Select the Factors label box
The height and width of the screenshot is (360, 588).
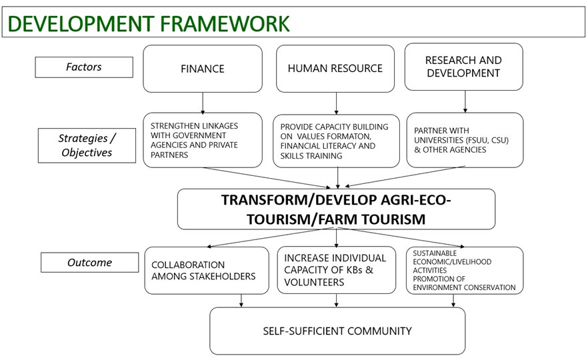pos(83,67)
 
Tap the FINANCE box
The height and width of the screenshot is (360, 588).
pos(202,69)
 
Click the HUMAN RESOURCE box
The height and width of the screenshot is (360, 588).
pos(335,69)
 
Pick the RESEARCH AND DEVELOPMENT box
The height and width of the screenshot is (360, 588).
pos(463,66)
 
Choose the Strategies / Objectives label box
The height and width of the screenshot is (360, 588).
pos(87,145)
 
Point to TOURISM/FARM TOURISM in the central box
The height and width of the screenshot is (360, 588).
pos(336,219)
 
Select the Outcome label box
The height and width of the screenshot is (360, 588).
pos(89,263)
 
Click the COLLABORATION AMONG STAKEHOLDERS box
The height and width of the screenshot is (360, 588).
pos(203,270)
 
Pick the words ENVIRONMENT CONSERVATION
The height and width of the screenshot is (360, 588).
pos(464,287)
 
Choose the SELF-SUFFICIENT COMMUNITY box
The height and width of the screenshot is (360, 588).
pos(337,331)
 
